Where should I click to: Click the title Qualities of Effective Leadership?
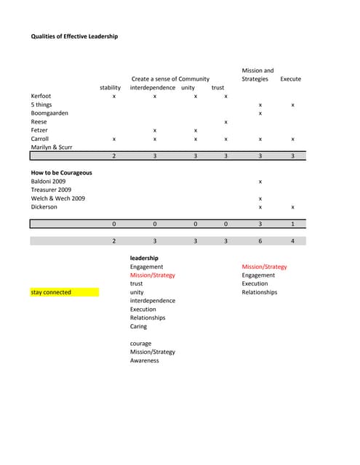point(74,36)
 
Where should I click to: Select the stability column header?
point(111,87)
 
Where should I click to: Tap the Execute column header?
point(290,78)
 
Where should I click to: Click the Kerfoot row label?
point(41,96)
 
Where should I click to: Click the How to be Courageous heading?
point(61,172)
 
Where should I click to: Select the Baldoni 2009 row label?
point(48,181)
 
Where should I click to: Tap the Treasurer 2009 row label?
point(51,190)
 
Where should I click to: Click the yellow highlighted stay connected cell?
point(64,292)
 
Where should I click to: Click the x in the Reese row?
point(226,121)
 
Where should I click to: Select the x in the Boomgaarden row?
point(260,113)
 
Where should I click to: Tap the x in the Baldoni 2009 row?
point(260,181)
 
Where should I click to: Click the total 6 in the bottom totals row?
point(260,240)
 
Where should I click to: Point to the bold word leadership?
point(144,258)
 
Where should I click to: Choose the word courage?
point(140,343)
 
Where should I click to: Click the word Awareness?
point(144,360)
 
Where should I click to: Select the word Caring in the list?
point(138,326)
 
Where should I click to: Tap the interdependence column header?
point(153,87)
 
